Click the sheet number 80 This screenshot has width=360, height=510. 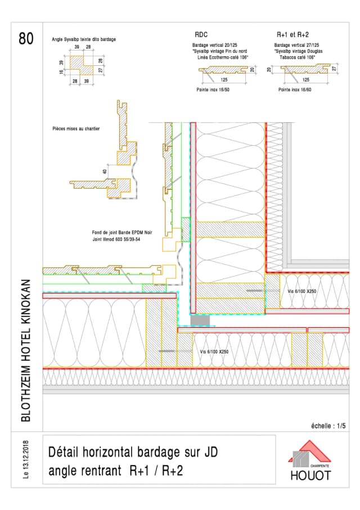tap(26, 38)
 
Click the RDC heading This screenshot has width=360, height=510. tap(201, 34)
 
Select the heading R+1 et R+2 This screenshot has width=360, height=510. tap(293, 34)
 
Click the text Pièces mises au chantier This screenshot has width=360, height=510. tap(75, 129)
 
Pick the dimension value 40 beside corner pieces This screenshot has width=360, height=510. tap(105, 171)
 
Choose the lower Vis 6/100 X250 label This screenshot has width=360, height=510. tap(214, 351)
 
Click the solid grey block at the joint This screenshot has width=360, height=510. tap(200, 320)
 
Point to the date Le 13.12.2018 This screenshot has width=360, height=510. tap(26, 460)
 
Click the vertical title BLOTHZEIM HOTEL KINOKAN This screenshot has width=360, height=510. tap(25, 350)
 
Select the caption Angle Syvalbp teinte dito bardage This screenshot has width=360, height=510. tap(84, 40)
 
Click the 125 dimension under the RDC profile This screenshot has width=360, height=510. tap(224, 80)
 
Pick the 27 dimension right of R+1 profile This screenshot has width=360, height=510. tap(334, 68)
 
